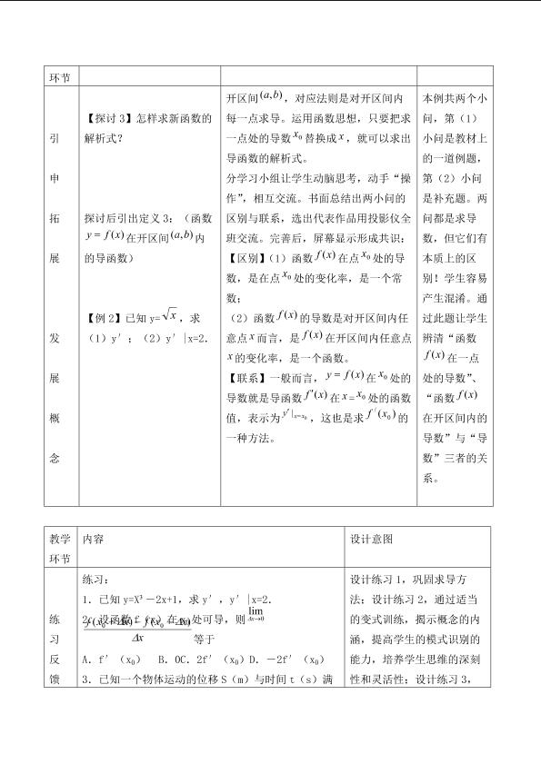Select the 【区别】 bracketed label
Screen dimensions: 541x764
[245, 258]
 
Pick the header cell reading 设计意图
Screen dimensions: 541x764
[371, 539]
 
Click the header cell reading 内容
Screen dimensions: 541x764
[93, 539]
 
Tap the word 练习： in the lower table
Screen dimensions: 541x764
[95, 579]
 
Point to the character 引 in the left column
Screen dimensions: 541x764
[55, 140]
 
